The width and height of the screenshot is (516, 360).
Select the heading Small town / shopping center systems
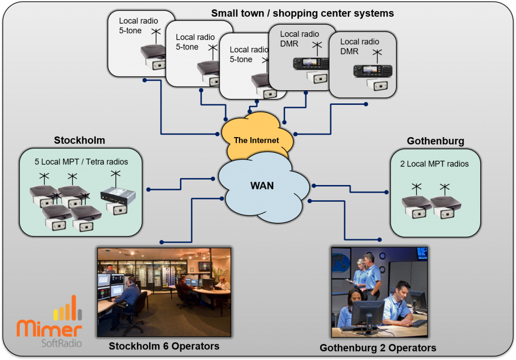tap(302, 13)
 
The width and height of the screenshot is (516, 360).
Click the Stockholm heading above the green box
tap(79, 140)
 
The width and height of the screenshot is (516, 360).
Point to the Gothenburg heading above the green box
tap(435, 141)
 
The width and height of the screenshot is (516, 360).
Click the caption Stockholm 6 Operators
tap(164, 346)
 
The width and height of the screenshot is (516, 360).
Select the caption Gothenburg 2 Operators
tap(378, 348)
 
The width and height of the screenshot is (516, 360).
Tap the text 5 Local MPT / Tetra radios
tap(81, 162)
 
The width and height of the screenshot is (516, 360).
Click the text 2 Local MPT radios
tap(434, 164)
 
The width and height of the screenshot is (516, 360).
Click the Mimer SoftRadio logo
tap(49, 321)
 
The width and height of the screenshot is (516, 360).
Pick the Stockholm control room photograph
tap(164, 292)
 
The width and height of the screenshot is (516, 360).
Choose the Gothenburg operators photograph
tap(379, 292)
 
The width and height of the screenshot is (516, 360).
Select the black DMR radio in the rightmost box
tap(372, 71)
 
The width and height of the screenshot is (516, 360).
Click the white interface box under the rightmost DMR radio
tap(377, 85)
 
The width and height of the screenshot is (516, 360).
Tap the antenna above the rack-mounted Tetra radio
tap(115, 178)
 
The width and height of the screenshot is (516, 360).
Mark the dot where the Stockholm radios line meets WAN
tap(213, 179)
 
